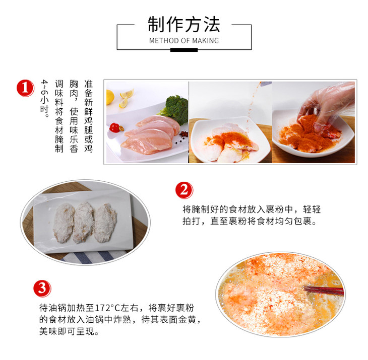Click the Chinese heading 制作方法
click(184, 24)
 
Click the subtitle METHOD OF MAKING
click(184, 41)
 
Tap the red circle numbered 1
click(25, 88)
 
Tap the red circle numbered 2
click(184, 190)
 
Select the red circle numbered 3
click(42, 289)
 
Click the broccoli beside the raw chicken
click(176, 108)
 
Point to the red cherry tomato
click(114, 127)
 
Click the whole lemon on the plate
click(110, 97)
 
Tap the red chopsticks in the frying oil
click(324, 291)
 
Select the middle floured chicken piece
click(83, 223)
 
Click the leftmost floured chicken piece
click(64, 223)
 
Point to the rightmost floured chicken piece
click(105, 223)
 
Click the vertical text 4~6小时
click(44, 99)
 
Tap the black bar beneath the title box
click(184, 50)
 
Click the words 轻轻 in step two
click(312, 209)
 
